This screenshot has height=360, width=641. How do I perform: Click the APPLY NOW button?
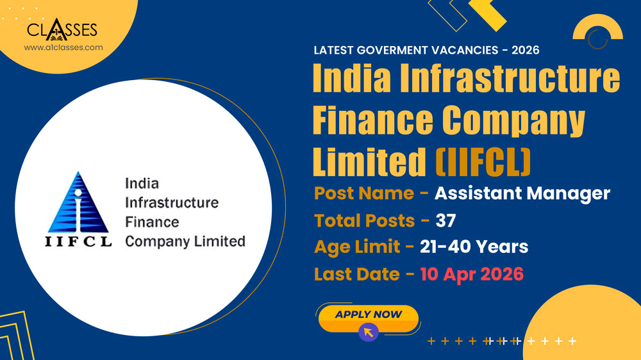(x=368, y=315)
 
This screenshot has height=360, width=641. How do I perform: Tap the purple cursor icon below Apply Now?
(x=368, y=332)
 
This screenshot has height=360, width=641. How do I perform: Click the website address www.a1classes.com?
(x=63, y=47)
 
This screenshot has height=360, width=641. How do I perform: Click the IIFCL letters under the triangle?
(x=78, y=242)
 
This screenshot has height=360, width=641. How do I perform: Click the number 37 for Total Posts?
(x=445, y=220)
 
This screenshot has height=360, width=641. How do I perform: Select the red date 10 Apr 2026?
(x=472, y=274)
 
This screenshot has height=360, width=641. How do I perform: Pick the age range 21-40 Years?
(x=474, y=247)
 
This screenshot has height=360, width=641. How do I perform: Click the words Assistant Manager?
(x=522, y=193)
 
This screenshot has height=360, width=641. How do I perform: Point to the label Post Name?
(x=364, y=193)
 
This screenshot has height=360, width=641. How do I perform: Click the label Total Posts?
(x=364, y=220)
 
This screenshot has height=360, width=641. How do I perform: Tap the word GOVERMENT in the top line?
(x=398, y=50)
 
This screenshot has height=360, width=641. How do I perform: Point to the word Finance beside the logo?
(x=152, y=222)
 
